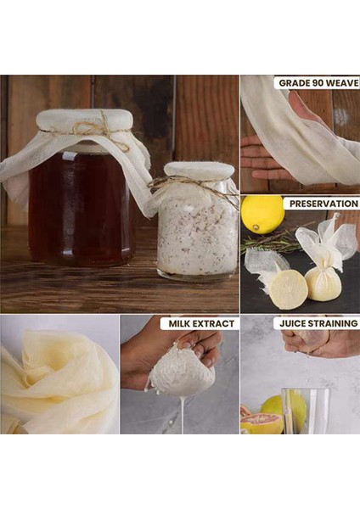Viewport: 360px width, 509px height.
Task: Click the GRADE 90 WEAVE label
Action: (x=317, y=83)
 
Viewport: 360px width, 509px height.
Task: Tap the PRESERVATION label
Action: (x=322, y=204)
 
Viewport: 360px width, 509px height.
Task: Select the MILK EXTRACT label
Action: (x=200, y=323)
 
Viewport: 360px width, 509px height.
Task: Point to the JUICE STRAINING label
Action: (x=317, y=323)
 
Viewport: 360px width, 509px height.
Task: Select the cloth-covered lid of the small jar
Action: (x=199, y=171)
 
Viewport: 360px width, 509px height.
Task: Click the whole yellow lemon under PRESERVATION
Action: (x=262, y=215)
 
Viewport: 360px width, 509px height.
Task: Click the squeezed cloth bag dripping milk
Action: (x=182, y=373)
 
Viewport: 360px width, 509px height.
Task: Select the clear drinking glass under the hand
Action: (x=304, y=411)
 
